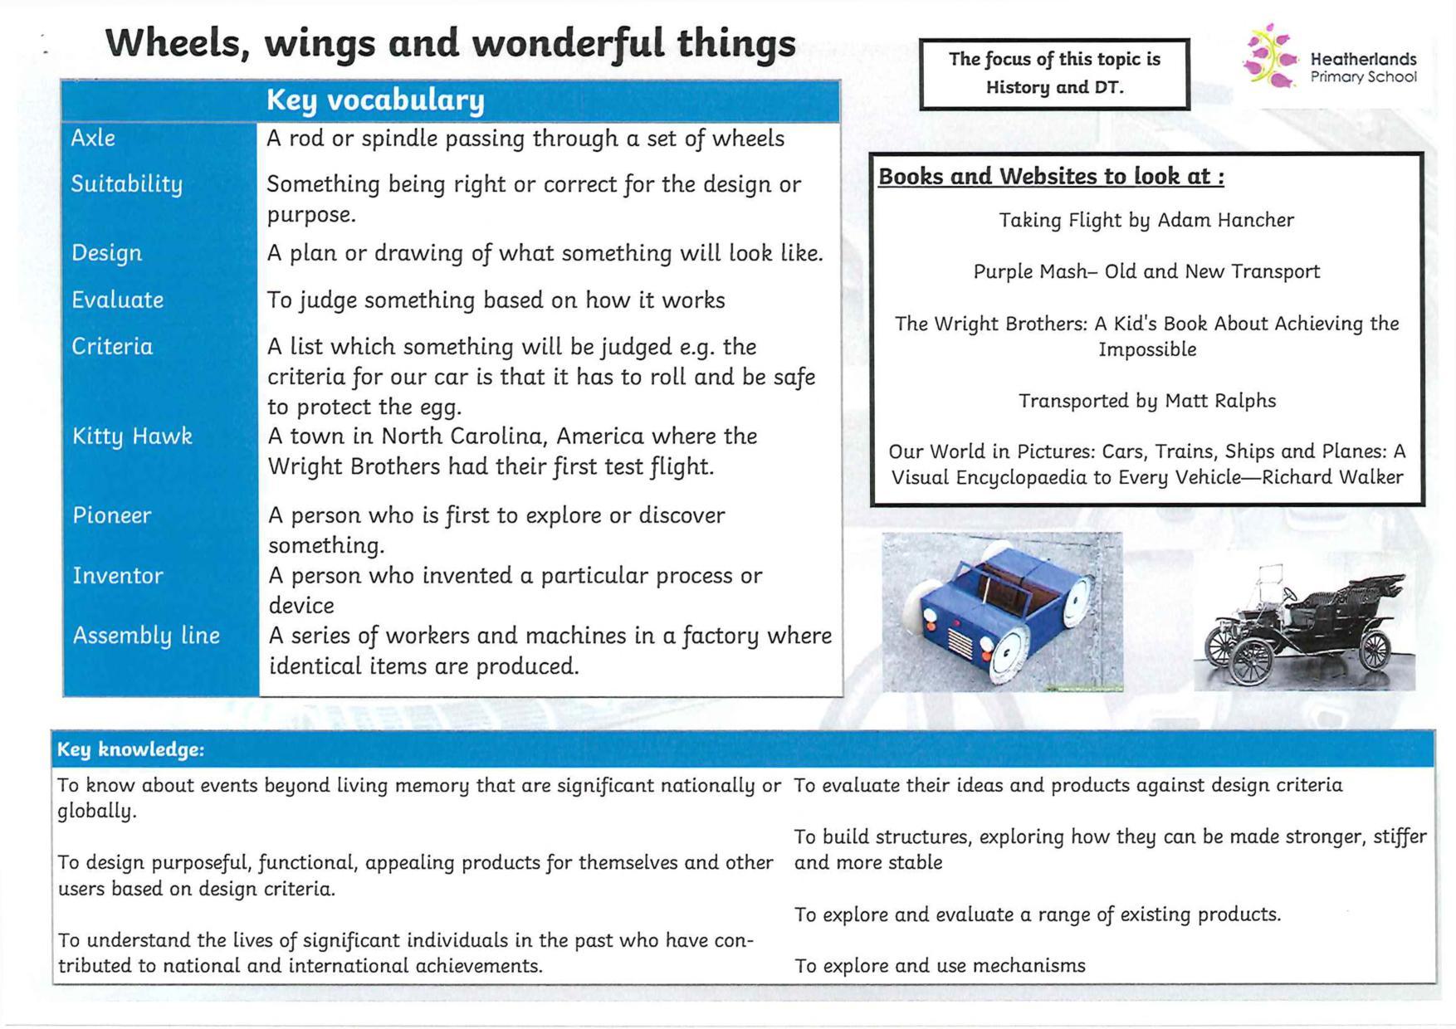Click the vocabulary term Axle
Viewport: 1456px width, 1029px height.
coord(93,138)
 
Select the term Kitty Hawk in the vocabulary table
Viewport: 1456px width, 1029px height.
coord(132,436)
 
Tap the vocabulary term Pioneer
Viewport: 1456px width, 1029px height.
coord(112,515)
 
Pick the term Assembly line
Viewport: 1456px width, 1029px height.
coord(146,636)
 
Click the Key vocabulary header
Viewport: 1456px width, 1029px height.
coord(375,100)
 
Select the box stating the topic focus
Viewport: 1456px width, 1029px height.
coord(1054,73)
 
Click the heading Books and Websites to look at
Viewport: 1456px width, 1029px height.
coord(1051,177)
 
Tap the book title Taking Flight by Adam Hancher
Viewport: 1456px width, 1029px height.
coord(1146,220)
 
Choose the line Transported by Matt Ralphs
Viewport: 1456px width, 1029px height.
coord(1147,401)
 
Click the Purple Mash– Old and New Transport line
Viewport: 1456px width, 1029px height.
coord(1146,271)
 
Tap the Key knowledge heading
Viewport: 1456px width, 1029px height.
coord(130,749)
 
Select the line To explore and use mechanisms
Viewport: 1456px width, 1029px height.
coord(940,966)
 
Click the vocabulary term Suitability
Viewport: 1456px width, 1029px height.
coord(126,183)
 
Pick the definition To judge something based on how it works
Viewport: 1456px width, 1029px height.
coord(496,300)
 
